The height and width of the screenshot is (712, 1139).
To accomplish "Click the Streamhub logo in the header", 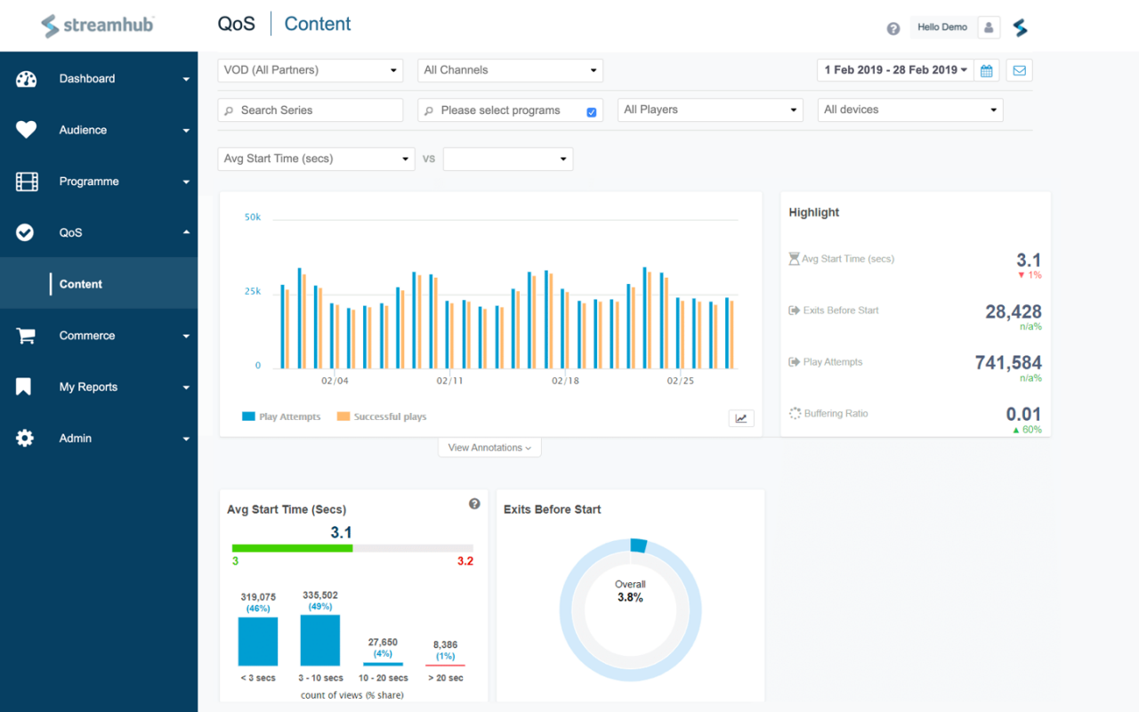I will [x=98, y=25].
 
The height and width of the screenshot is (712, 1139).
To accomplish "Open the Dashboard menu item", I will [x=87, y=79].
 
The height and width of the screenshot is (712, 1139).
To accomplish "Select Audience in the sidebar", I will [x=83, y=130].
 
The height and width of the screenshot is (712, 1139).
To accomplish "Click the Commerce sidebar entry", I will [x=87, y=336].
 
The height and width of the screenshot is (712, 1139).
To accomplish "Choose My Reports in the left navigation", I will [x=88, y=387].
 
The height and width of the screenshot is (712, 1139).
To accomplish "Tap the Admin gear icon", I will [x=25, y=439].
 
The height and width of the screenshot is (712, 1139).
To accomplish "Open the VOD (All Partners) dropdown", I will [x=310, y=70].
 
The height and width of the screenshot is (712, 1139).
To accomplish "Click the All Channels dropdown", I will [x=510, y=70].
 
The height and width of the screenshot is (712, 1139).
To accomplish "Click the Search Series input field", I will [x=310, y=110].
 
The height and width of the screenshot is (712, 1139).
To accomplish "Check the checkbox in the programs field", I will [x=592, y=112].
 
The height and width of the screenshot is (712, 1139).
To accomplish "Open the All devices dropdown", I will [x=909, y=110].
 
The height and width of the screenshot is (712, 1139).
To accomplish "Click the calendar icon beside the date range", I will [x=987, y=70].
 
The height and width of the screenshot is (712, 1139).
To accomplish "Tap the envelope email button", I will [x=1019, y=70].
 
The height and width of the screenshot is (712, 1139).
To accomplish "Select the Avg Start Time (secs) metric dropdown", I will [x=316, y=159].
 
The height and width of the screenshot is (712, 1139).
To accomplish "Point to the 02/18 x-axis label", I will [x=565, y=381].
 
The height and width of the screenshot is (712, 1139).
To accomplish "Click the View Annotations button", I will [x=489, y=448].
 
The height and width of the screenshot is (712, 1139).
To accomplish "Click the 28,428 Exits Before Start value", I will [x=1013, y=311].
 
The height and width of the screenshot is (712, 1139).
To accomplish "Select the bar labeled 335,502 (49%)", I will [x=320, y=641].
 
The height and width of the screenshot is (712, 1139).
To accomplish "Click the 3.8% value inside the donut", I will [x=630, y=597].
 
